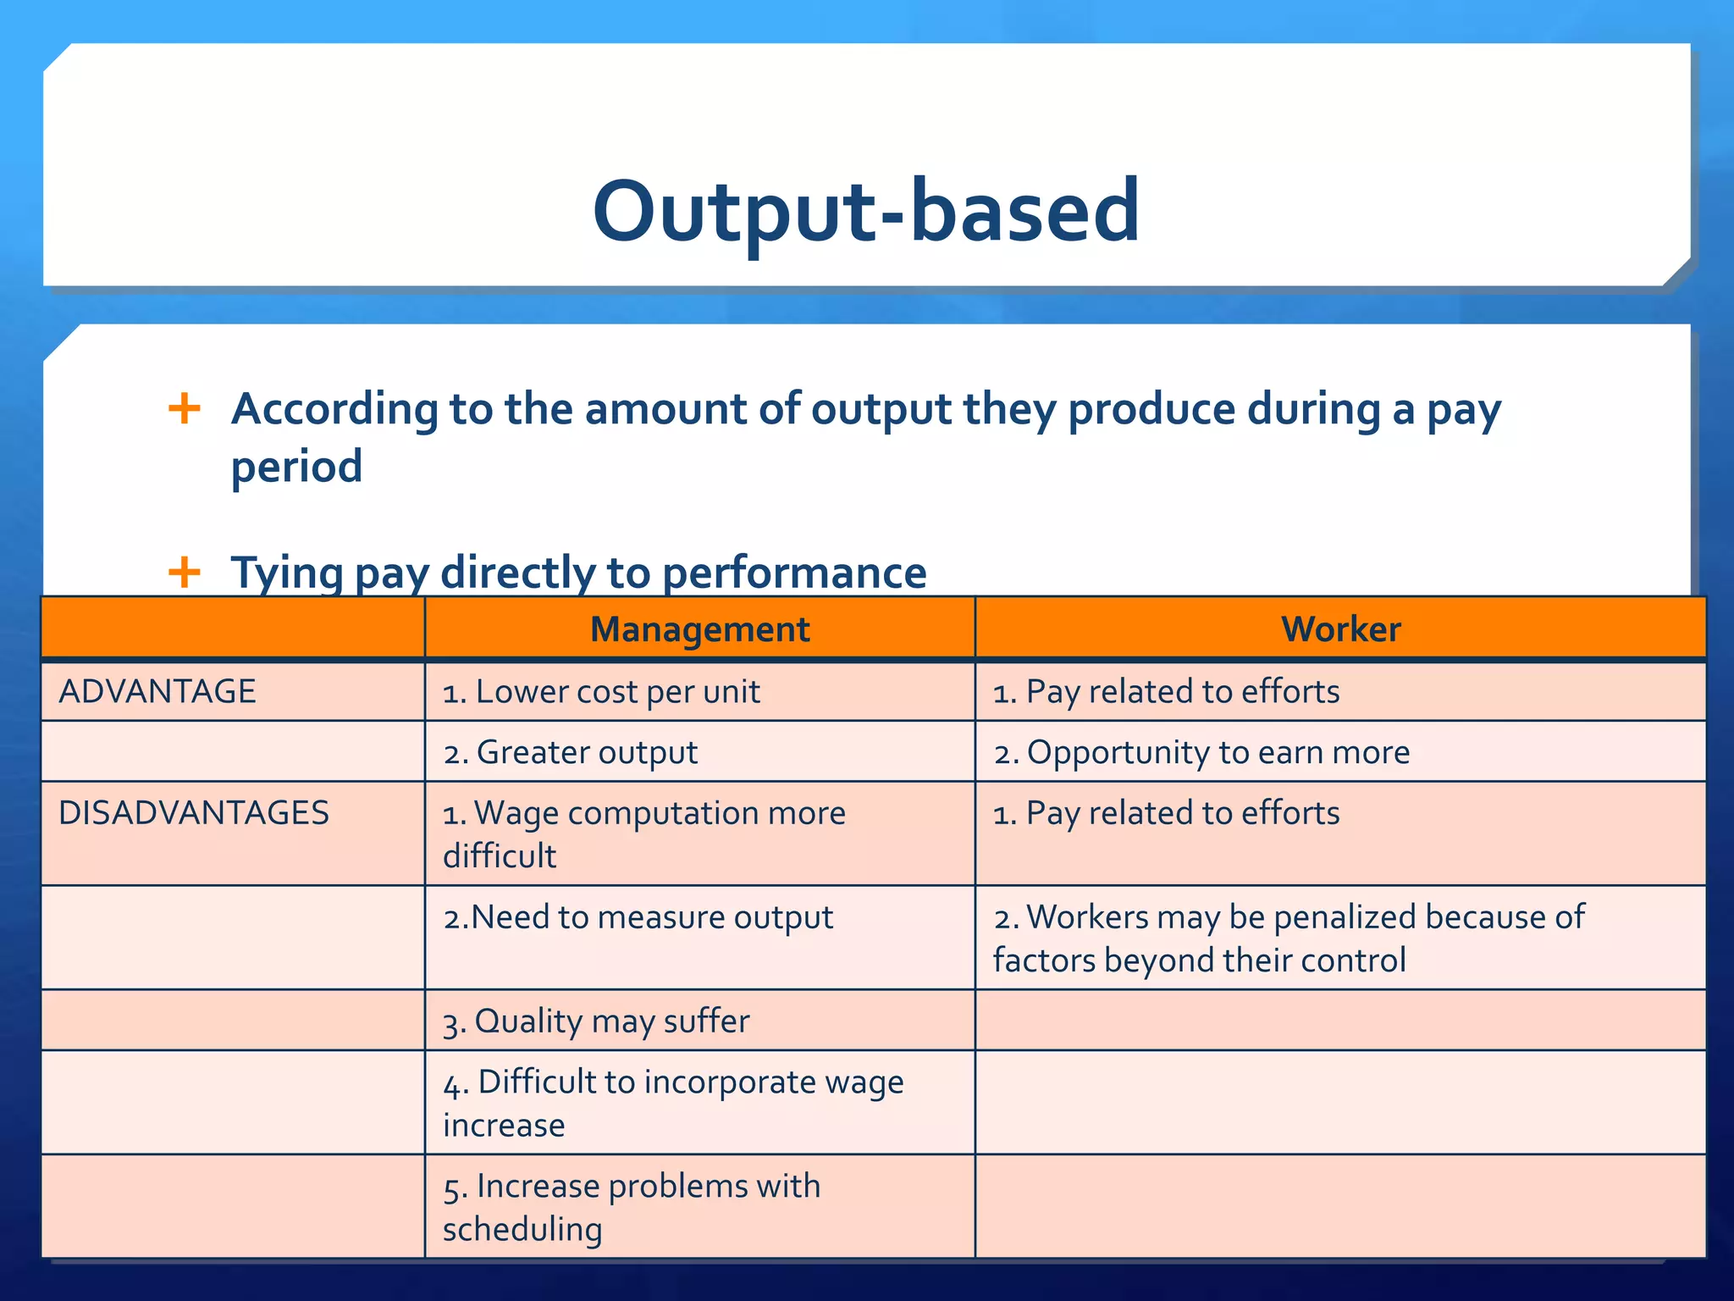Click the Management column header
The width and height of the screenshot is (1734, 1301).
[699, 629]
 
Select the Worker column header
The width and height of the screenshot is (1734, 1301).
[1340, 629]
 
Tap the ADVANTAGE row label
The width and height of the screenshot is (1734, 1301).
[157, 691]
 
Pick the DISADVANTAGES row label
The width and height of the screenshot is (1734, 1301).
[194, 812]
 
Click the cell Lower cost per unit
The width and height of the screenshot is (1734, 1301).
[601, 692]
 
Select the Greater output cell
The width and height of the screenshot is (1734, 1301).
[571, 752]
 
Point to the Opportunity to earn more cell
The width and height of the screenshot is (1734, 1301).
[1201, 752]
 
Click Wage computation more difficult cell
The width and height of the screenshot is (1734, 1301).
[643, 833]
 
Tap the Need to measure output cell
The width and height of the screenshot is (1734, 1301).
[638, 917]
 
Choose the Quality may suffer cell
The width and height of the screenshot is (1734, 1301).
[596, 1021]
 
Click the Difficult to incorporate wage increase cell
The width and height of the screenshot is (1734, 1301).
[673, 1103]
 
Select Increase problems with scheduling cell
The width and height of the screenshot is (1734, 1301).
[632, 1207]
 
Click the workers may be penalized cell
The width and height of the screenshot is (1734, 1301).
[1288, 938]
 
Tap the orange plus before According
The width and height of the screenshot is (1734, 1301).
[185, 409]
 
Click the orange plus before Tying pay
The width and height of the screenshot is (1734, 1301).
[185, 572]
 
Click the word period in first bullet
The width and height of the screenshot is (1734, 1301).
[296, 467]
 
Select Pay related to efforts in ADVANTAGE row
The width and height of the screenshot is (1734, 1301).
[1166, 692]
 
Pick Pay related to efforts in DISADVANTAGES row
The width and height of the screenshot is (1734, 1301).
[1166, 813]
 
